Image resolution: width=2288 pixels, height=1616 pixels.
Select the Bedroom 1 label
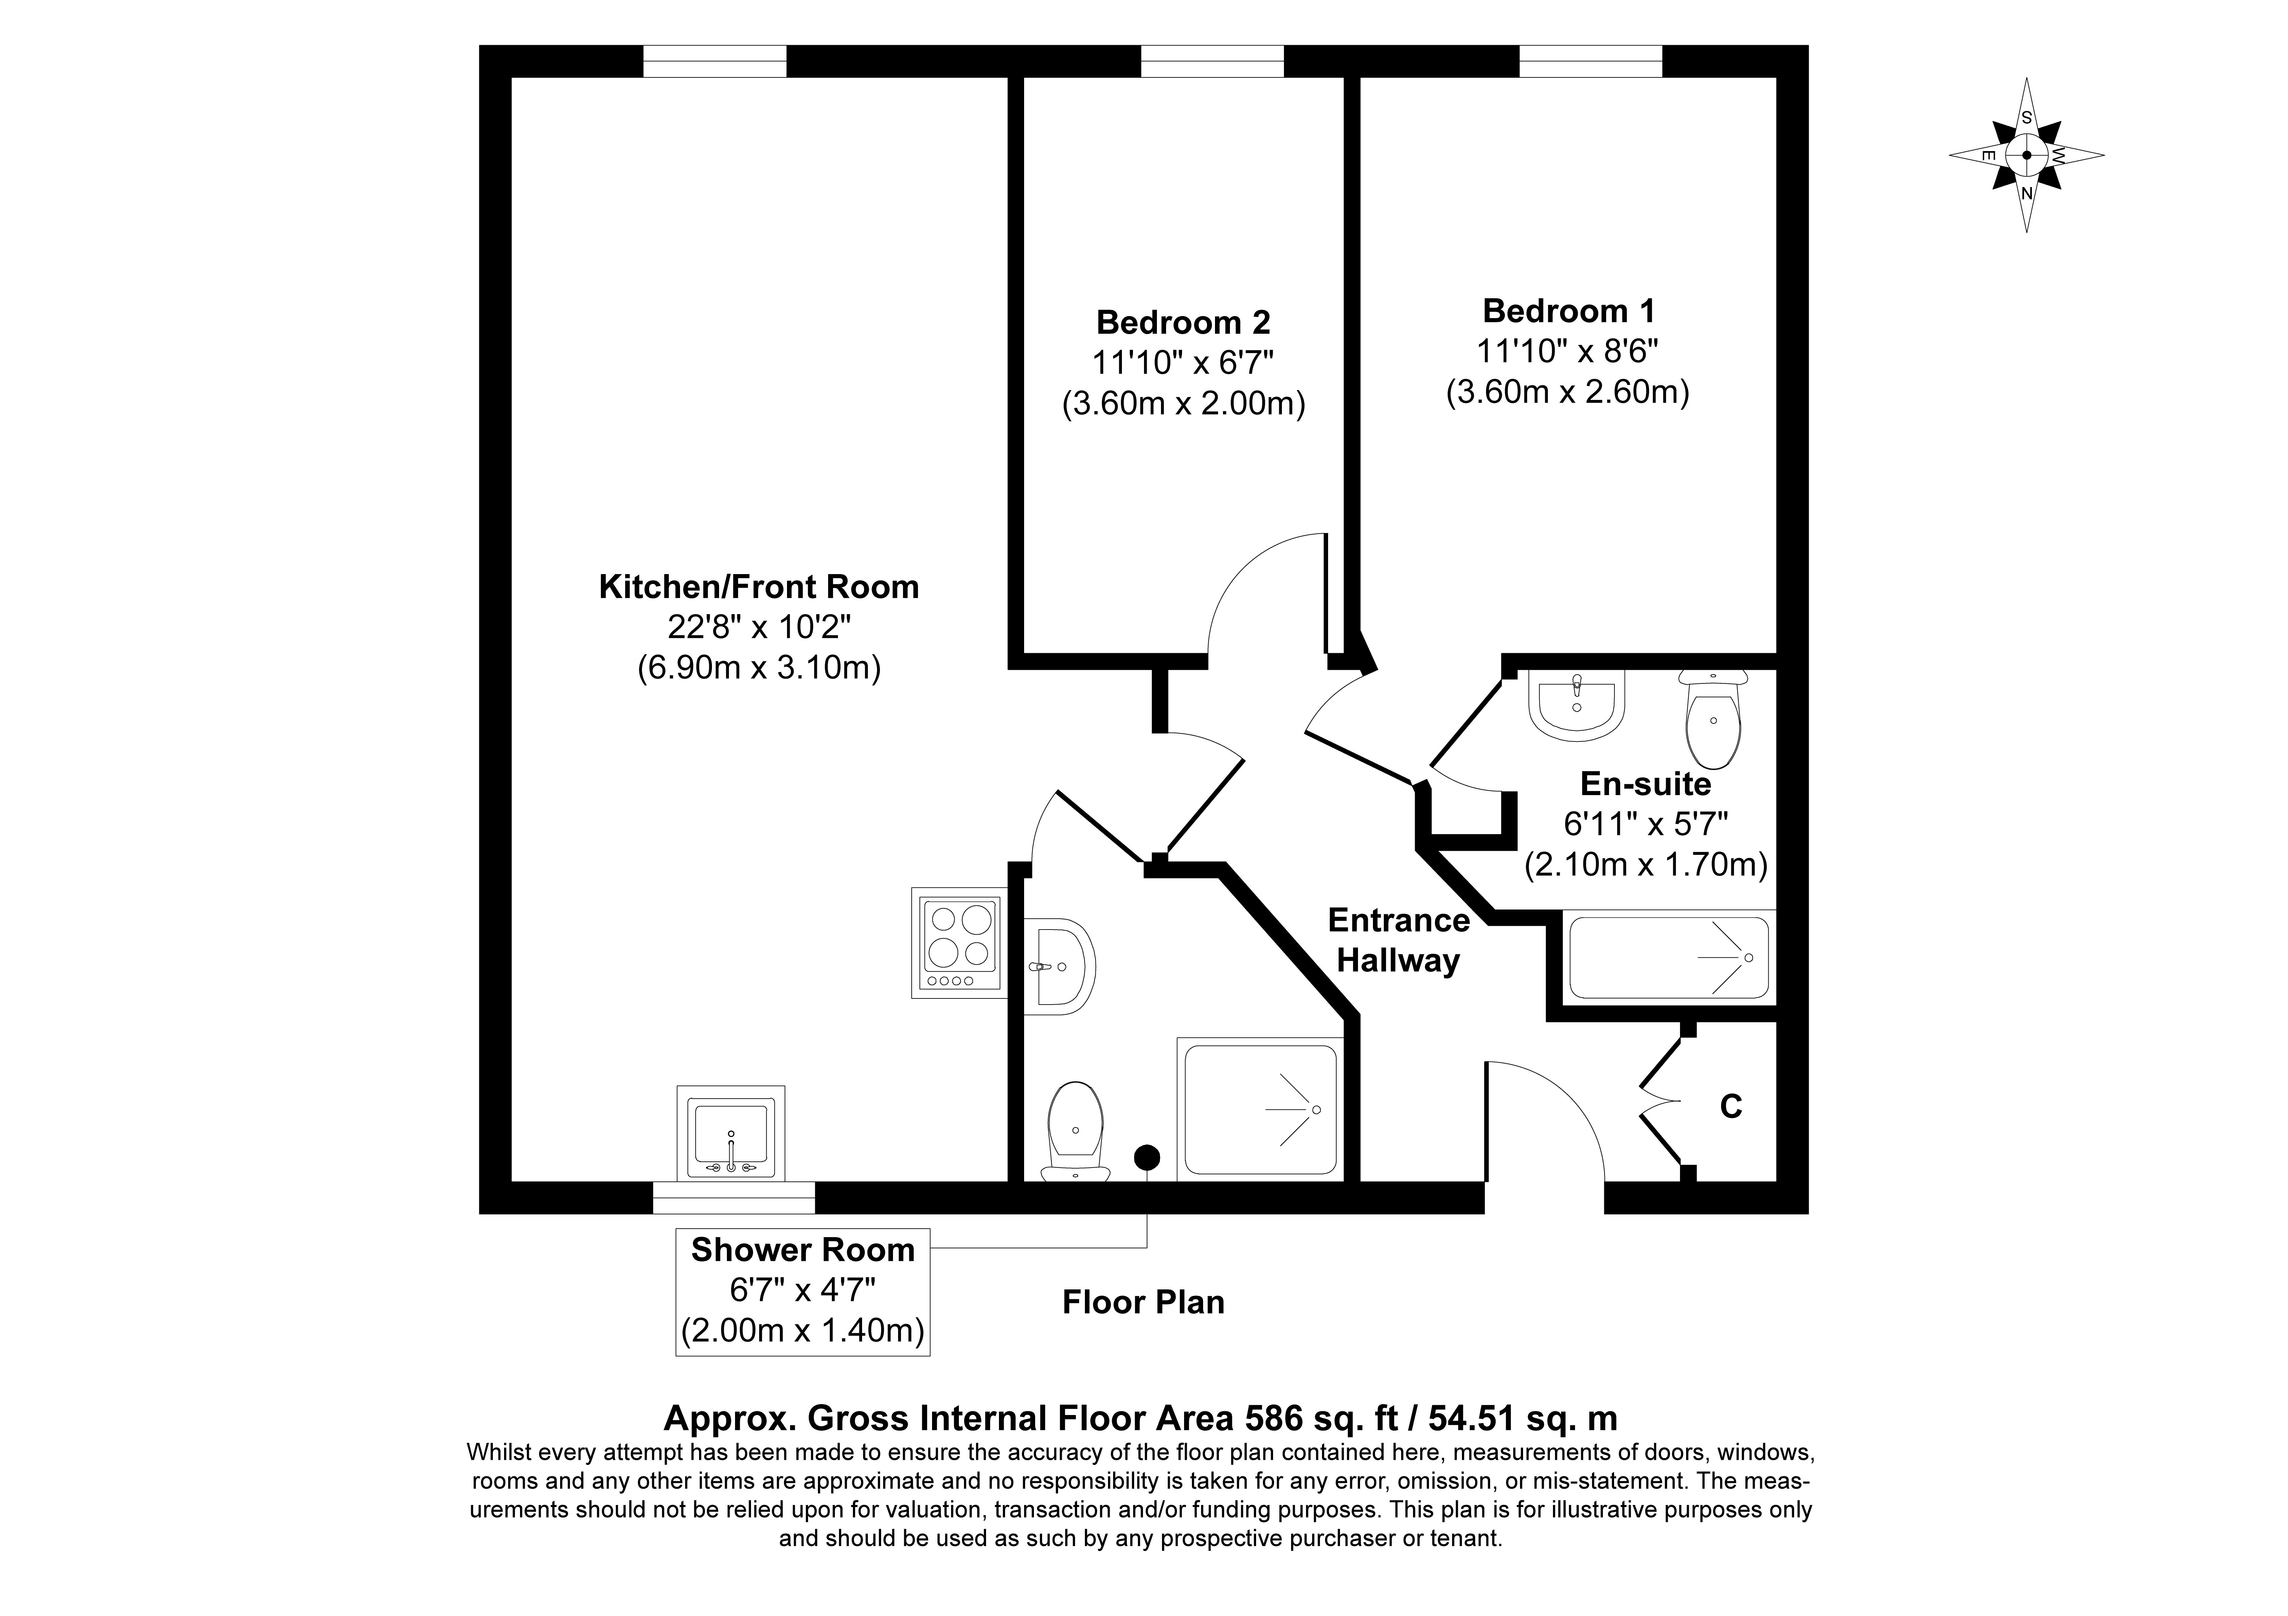point(1569,311)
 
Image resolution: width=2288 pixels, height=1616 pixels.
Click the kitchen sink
point(730,1136)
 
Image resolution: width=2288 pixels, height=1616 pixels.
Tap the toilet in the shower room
point(1075,1131)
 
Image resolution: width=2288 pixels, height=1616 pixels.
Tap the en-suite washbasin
point(1577,704)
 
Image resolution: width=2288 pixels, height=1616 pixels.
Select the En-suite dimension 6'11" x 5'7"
point(1645,824)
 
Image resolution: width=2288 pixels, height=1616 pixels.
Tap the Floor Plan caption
point(1143,1302)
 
